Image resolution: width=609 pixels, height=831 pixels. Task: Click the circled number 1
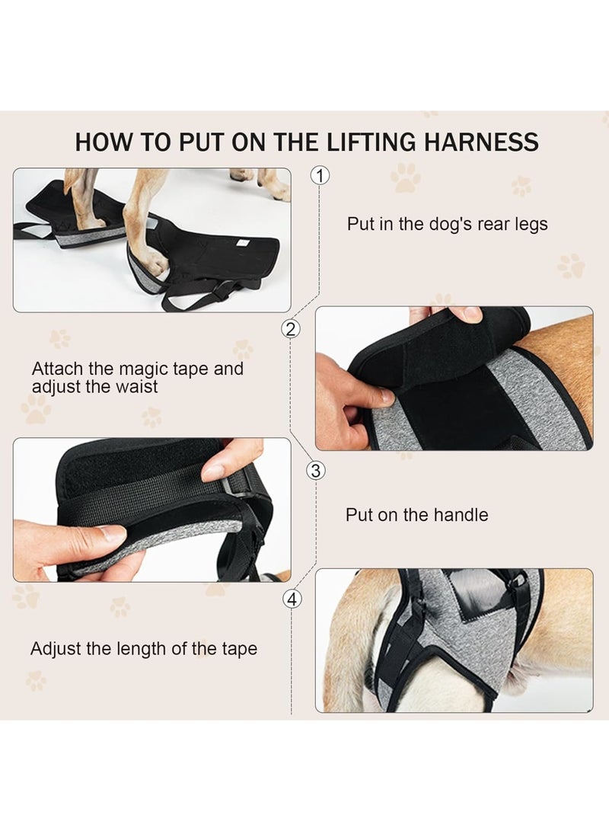pos(320,175)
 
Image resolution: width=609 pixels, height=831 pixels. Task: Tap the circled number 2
pos(290,329)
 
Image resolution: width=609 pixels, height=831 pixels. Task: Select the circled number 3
pos(316,470)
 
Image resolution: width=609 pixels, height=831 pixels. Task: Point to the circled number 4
pos(292,599)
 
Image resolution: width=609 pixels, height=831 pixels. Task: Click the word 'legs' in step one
pos(531,225)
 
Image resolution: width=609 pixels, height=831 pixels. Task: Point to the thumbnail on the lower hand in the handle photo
pos(113,532)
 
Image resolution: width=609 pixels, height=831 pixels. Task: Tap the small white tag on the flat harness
pos(243,242)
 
